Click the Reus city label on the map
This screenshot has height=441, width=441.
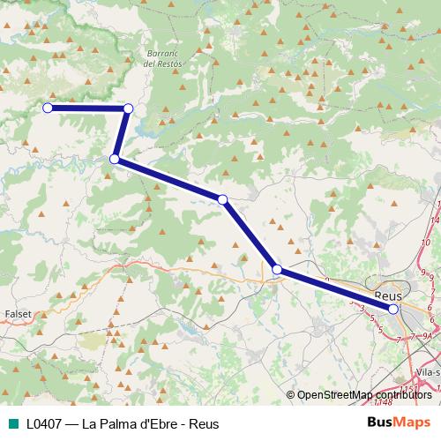click(x=388, y=295)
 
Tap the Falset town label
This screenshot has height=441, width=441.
click(x=18, y=313)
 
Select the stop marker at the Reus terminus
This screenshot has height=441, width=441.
click(x=393, y=309)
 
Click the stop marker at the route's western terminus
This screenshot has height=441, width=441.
click(x=48, y=108)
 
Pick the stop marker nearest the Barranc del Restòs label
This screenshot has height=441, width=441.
click(x=129, y=108)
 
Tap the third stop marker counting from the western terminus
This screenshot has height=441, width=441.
click(x=115, y=159)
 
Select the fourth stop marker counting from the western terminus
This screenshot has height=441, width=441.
click(x=223, y=200)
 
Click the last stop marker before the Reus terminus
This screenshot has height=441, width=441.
click(x=277, y=269)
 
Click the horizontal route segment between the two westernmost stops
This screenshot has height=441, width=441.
click(x=88, y=108)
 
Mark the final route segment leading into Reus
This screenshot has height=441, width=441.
click(x=335, y=289)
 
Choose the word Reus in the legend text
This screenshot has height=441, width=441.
click(x=204, y=423)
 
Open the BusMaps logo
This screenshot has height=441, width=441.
click(x=399, y=422)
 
